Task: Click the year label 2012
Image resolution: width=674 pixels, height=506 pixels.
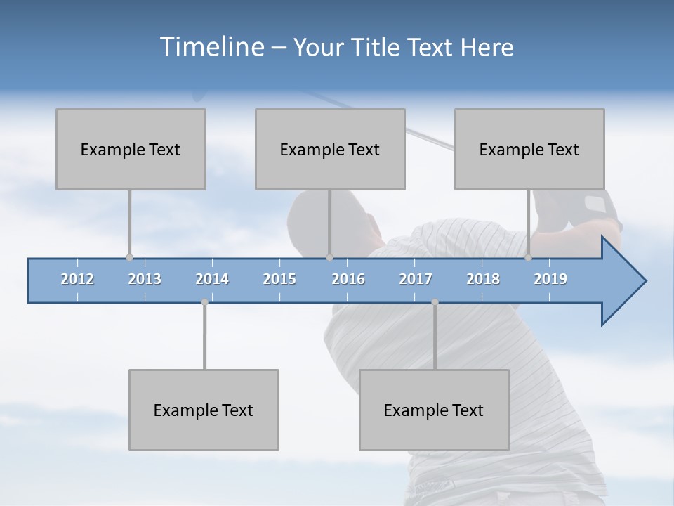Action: [x=77, y=279]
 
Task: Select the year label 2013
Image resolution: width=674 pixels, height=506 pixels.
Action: [x=145, y=279]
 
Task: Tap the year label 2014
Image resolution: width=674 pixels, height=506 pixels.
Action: [x=212, y=279]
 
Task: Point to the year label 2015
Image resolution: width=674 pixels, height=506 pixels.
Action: [x=279, y=279]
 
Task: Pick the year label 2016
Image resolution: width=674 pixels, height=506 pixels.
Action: [x=348, y=279]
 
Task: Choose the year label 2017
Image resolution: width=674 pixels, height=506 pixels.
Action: [x=416, y=279]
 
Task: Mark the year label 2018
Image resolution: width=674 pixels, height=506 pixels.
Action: [x=483, y=279]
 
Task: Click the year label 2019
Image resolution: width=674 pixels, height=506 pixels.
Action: [x=550, y=279]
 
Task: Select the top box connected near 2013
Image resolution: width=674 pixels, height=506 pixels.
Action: [x=131, y=149]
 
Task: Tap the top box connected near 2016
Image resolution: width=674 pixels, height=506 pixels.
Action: [x=330, y=149]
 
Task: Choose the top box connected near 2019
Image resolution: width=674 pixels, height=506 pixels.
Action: [x=529, y=149]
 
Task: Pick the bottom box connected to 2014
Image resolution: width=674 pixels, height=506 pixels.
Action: [x=204, y=410]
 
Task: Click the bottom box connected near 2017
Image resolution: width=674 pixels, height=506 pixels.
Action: [x=434, y=410]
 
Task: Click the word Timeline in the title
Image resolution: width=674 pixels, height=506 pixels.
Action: [x=211, y=47]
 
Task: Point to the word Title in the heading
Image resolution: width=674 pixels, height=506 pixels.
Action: [x=375, y=47]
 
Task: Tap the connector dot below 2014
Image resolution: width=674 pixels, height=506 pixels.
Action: [x=204, y=302]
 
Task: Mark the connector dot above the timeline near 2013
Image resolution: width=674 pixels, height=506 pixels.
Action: [x=129, y=258]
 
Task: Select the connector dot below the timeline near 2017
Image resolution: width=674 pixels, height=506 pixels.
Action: [x=435, y=302]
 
